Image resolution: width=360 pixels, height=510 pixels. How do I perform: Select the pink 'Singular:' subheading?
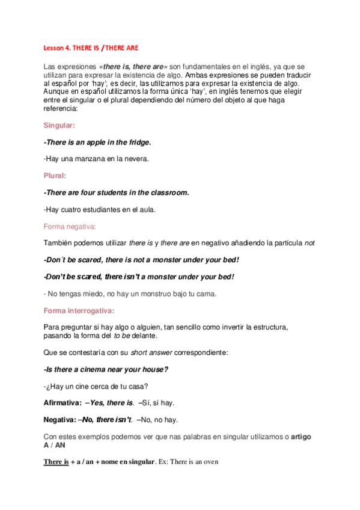pos(59,126)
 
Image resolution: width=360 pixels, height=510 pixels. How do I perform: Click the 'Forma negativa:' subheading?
pos(70,226)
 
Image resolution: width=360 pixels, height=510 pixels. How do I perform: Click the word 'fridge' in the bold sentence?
pos(136,143)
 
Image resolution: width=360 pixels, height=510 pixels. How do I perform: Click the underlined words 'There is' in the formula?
pos(56,462)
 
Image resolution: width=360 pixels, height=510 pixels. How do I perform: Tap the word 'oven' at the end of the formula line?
pos(212,462)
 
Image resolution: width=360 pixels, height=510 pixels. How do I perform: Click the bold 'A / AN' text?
pos(55,444)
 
